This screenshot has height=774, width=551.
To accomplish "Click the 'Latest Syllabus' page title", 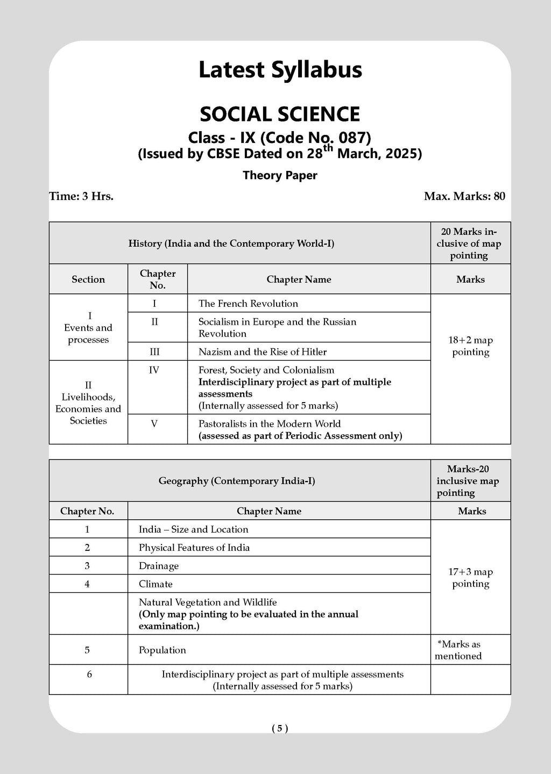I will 280,70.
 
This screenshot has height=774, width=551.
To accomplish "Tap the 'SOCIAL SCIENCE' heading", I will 280,114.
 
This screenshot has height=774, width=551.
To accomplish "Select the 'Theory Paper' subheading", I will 280,175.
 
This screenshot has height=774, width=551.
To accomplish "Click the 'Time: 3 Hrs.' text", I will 81,196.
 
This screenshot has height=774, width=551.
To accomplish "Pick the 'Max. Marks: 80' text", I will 464,196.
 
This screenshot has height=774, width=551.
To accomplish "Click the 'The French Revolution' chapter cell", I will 248,304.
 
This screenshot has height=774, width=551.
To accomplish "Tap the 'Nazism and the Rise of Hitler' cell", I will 263,352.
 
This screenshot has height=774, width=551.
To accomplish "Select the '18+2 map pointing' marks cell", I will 470,346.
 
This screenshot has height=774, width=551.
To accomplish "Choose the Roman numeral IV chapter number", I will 154,370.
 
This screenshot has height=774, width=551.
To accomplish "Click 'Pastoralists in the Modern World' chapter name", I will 270,424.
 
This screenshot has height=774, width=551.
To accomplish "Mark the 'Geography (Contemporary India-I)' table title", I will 237,481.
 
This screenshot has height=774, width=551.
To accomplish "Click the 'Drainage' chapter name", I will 159,566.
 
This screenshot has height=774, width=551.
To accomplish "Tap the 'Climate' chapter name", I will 156,584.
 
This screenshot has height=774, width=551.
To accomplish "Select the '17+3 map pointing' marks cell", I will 470,578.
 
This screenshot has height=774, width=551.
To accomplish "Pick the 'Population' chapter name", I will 163,650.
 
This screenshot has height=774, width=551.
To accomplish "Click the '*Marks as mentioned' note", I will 458,650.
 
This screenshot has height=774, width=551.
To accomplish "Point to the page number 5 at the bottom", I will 280,728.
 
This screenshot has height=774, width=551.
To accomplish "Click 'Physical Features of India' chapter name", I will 194,548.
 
